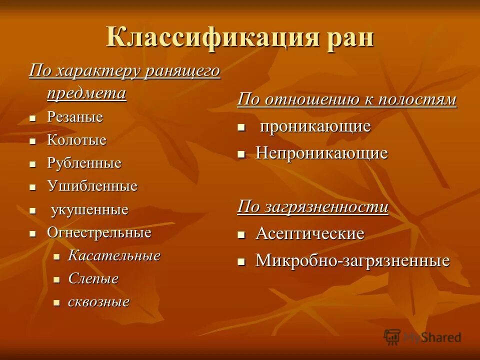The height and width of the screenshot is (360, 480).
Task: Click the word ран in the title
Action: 347,38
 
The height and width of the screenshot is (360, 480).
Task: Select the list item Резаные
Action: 75,117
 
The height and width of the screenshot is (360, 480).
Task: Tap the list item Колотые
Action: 76,140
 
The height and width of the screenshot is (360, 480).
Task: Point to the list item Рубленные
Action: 84,163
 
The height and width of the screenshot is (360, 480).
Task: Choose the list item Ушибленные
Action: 92,186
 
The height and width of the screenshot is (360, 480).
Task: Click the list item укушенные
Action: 89,210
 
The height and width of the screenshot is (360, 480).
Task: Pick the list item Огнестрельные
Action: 99,233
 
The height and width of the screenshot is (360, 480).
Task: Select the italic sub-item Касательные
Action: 114,256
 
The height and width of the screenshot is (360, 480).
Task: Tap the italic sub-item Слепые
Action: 93,279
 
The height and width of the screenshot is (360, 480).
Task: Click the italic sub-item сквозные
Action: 98,302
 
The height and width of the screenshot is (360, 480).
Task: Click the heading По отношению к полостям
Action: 346,99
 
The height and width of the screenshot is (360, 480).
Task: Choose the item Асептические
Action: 309,234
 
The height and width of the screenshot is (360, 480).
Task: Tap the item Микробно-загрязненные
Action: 352,261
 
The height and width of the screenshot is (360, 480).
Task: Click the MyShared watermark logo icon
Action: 392,337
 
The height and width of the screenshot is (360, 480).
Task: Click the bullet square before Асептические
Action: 241,234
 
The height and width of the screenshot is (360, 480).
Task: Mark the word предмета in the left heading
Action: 86,93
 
